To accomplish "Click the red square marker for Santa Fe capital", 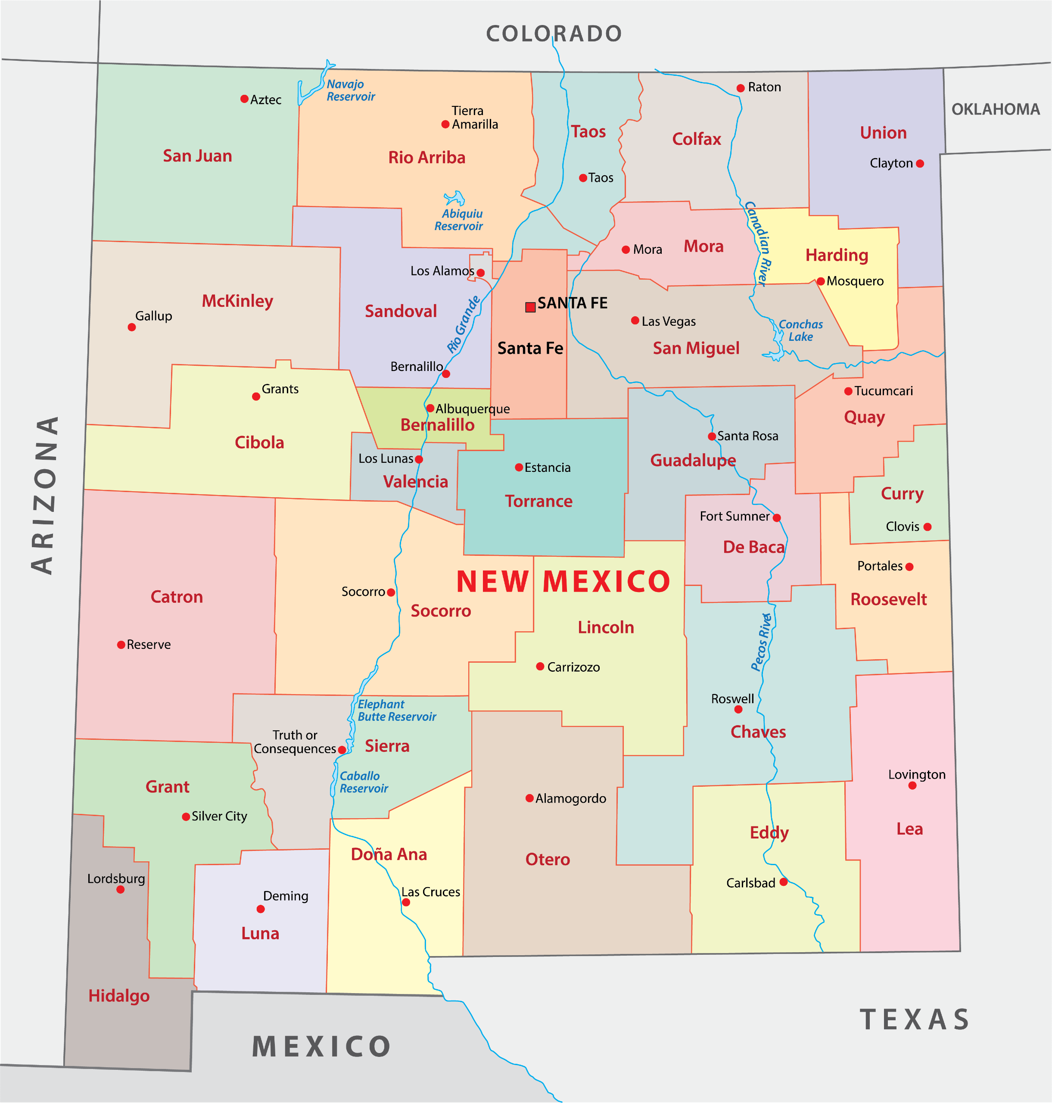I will pos(530,307).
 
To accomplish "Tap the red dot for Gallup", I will pos(132,327).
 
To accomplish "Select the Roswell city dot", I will pos(738,709).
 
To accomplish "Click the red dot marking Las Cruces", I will pos(406,902).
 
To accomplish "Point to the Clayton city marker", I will pos(920,164).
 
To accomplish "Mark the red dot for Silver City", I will pos(186,816).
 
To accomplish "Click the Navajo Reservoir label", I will pos(351,90).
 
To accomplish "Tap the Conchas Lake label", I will pos(801,330).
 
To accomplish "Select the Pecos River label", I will pos(762,642).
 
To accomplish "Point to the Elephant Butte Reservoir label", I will pos(396,710).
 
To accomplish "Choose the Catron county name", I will pos(177,597).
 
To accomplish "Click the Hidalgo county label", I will pos(119,995).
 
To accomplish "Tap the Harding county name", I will pos(837,255).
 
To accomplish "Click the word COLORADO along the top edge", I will pos(554,34).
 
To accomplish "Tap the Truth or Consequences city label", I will pos(295,742).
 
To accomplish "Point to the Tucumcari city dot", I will pos(848,391).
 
